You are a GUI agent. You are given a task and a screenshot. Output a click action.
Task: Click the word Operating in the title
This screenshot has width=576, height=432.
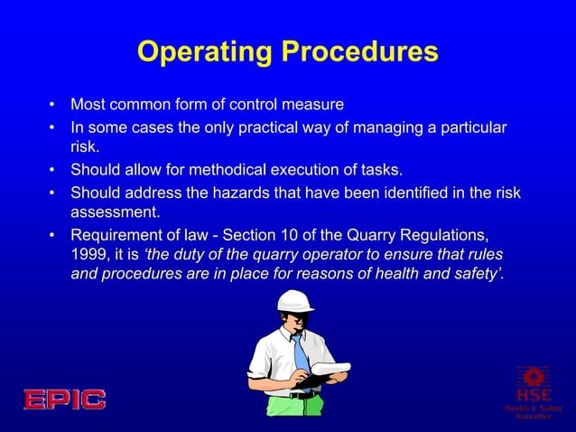click(x=204, y=52)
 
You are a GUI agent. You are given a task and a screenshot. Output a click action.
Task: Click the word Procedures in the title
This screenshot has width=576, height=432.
click(x=359, y=52)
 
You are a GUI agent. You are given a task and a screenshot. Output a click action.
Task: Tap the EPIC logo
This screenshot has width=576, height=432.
click(x=64, y=399)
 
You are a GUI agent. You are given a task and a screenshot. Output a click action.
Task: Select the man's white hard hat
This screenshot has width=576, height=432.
click(x=294, y=301)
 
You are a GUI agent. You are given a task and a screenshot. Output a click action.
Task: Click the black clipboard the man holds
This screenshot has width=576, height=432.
click(x=312, y=380)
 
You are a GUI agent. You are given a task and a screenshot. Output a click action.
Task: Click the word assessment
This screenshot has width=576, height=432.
click(x=115, y=213)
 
